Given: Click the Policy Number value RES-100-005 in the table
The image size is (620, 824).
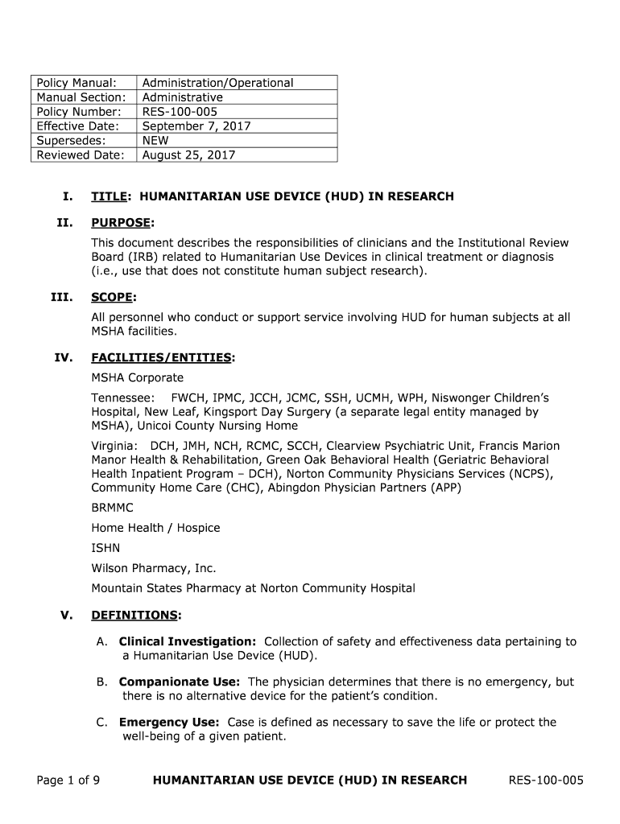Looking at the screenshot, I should [x=180, y=112].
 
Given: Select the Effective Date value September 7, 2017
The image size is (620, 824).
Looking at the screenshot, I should [x=196, y=126].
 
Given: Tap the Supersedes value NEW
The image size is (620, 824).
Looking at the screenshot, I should [x=155, y=141].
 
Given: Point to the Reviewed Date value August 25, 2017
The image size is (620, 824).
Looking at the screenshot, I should [x=188, y=155].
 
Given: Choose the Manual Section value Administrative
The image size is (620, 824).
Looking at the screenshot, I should [x=183, y=97].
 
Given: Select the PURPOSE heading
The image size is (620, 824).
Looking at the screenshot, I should [x=121, y=222].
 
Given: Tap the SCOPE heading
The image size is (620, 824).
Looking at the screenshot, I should [x=112, y=297].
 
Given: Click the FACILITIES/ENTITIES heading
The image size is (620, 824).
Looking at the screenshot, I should [x=161, y=356].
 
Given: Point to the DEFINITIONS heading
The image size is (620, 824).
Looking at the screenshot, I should [x=134, y=616].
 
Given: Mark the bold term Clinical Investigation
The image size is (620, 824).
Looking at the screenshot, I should [x=188, y=641].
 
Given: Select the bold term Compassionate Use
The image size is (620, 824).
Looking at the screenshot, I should [x=179, y=682].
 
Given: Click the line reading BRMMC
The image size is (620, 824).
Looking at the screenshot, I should [x=112, y=509].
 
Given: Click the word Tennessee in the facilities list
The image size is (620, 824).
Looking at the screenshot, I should [x=122, y=398].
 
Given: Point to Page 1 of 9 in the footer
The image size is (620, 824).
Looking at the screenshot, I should [x=68, y=780].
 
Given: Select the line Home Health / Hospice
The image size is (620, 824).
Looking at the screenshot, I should [x=155, y=528].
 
